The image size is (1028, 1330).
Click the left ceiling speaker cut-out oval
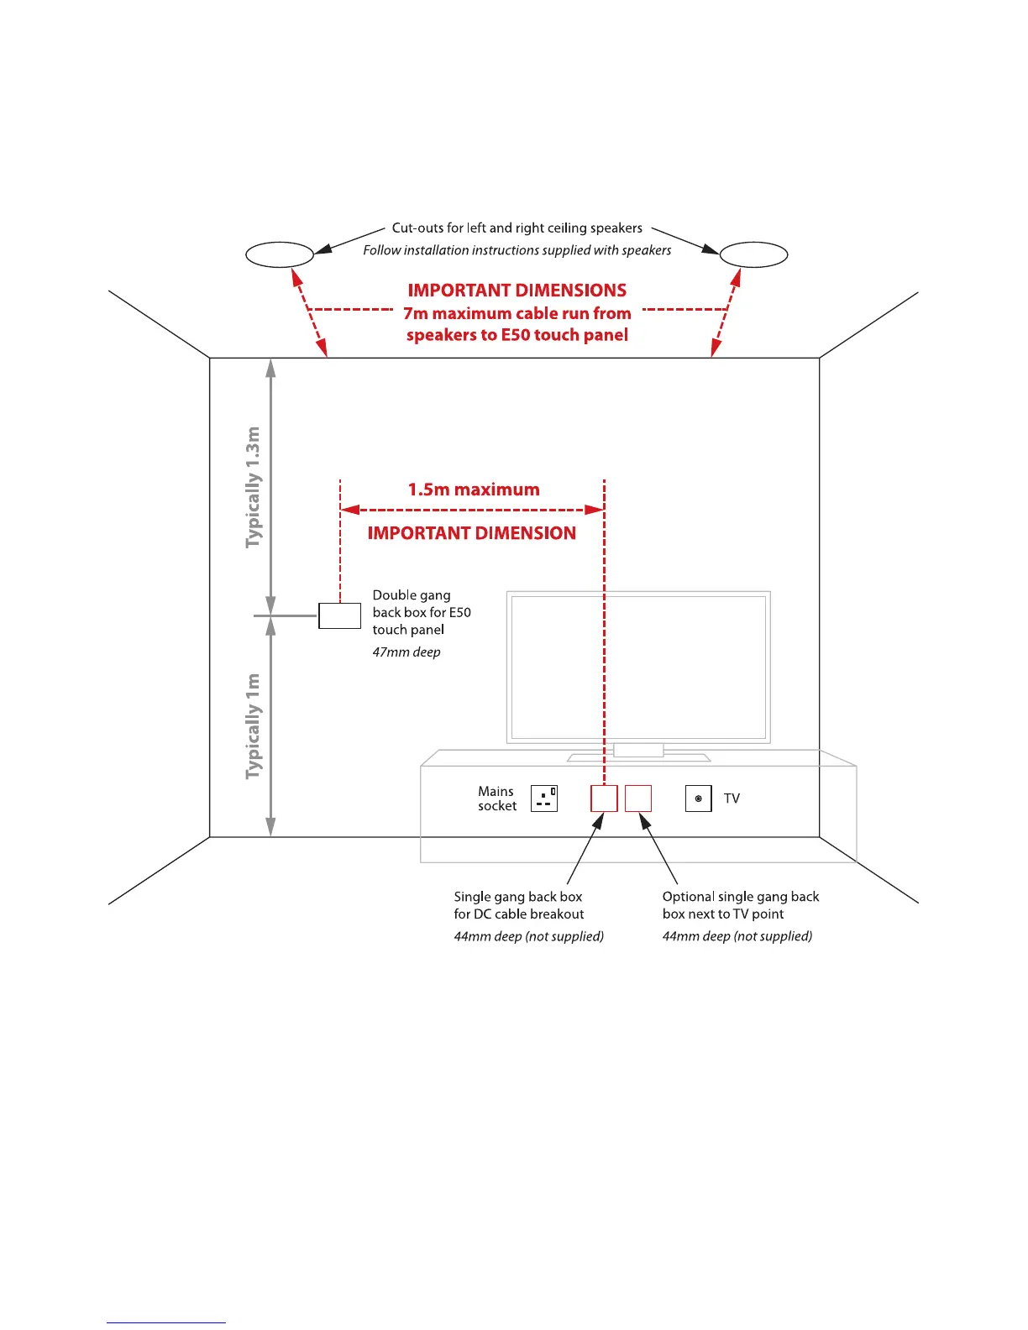point(280,254)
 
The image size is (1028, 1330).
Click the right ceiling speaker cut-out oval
point(754,254)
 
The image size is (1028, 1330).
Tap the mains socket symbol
point(544,799)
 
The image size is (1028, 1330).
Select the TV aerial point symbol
point(699,799)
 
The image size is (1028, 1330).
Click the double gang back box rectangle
point(339,615)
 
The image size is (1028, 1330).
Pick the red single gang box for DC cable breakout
point(604,799)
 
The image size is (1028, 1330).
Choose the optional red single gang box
point(638,799)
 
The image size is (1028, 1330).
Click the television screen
point(638,667)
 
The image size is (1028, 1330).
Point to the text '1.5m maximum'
point(474,490)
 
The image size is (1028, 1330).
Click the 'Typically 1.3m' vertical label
point(253,487)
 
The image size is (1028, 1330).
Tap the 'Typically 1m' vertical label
point(253,726)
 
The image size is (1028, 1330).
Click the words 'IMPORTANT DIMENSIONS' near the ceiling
point(517,291)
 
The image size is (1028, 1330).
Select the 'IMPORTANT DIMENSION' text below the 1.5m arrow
point(472,533)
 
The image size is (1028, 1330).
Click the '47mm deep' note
point(406,652)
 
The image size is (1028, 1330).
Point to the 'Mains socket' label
point(496,799)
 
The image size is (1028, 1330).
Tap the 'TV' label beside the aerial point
point(732,799)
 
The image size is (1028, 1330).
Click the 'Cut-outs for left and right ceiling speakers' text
point(517,228)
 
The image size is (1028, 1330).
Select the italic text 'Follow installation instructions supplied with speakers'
point(517,250)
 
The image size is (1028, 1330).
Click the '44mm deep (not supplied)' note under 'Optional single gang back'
point(737,936)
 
